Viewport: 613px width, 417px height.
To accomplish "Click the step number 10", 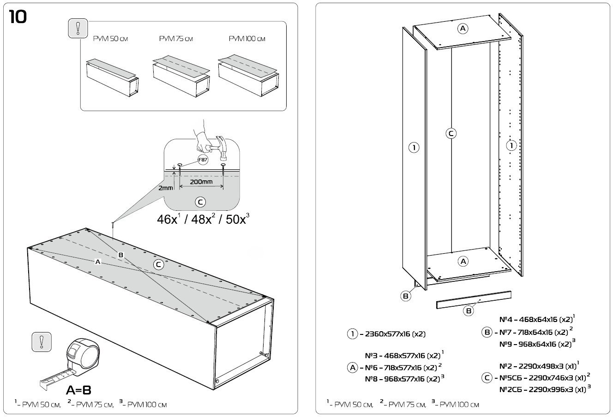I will pos(18,17).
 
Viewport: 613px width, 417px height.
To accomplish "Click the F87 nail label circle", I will pos(202,160).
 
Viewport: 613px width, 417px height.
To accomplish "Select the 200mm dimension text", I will pos(201,181).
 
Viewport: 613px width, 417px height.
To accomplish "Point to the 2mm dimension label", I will pos(165,188).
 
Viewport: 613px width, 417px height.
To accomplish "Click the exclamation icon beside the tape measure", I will pos(41,342).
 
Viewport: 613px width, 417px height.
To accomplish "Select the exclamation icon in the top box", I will pos(77,29).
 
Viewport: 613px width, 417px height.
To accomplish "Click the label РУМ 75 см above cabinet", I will pos(176,39).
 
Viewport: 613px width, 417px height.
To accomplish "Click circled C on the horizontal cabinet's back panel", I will pos(158,264).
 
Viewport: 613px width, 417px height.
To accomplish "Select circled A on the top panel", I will pos(463,29).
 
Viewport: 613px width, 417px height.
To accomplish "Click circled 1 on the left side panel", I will pos(414,148).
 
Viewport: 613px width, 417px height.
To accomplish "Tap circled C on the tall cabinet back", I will pos(451,134).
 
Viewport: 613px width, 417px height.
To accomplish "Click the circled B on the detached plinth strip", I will pos(469,310).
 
